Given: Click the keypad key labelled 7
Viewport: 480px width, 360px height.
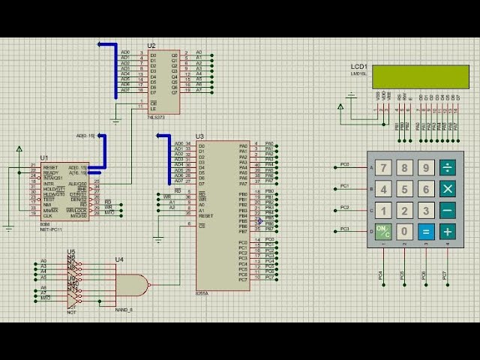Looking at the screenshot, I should (x=384, y=167).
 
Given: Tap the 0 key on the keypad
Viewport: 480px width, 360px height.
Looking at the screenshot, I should (x=405, y=232).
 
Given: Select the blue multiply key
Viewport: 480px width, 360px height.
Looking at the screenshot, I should (x=447, y=189).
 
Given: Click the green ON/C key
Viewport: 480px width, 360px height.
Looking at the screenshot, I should (x=384, y=232).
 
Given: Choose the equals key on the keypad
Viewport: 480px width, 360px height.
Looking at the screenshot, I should (x=426, y=232).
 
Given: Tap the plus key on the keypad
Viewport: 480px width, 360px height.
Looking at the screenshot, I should (x=447, y=232).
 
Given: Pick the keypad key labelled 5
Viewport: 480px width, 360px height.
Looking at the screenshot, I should (x=405, y=189).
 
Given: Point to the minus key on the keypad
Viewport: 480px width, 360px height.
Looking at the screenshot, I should (x=447, y=211).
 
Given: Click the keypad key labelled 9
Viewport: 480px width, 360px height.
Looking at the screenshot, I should (x=426, y=167).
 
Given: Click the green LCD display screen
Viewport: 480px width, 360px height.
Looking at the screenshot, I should (x=421, y=76).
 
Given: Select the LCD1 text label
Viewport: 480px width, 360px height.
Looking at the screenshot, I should (x=358, y=67).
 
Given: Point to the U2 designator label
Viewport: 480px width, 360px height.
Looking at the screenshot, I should (x=151, y=46).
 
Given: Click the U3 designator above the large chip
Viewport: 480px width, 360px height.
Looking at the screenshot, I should (x=199, y=136).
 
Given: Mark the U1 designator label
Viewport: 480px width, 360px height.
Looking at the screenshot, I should (x=44, y=159).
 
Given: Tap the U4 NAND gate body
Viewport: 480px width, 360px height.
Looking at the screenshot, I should (x=130, y=285).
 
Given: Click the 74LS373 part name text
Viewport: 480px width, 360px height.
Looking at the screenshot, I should (x=156, y=118).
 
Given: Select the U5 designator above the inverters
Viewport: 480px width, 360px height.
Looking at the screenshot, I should (x=71, y=251).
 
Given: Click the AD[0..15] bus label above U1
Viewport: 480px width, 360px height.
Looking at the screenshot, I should (x=85, y=136).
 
